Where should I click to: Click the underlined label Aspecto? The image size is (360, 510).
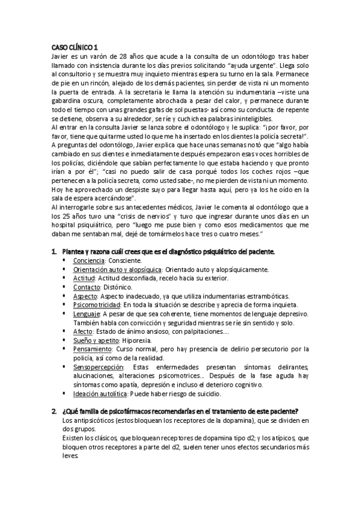(85, 296)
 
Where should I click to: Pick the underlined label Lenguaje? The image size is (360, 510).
(87, 315)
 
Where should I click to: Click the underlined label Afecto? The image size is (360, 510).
(83, 332)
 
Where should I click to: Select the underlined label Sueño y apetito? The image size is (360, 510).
(95, 341)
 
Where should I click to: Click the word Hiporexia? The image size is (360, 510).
(136, 341)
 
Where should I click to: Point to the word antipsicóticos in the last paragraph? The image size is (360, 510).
(94, 420)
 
